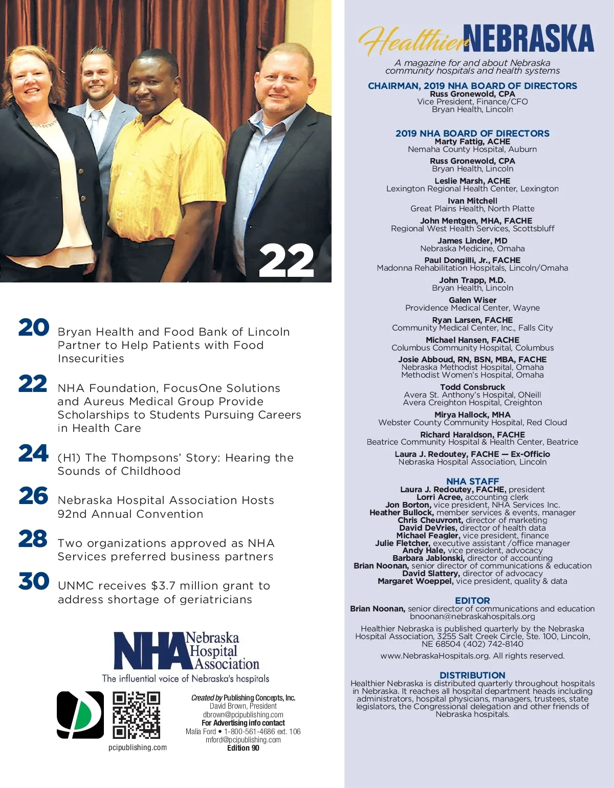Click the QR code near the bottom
point(136,715)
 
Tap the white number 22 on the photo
point(286,261)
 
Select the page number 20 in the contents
point(34,328)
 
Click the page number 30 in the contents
point(34,581)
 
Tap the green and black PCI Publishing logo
point(80,715)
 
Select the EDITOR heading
point(472,601)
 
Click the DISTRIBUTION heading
point(472,675)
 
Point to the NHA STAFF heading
point(472,481)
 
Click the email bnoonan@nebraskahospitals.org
point(472,617)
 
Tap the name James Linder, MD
point(472,241)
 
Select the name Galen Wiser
point(472,300)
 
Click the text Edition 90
point(243,748)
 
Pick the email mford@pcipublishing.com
point(243,740)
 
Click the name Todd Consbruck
point(472,387)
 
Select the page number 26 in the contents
point(34,496)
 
